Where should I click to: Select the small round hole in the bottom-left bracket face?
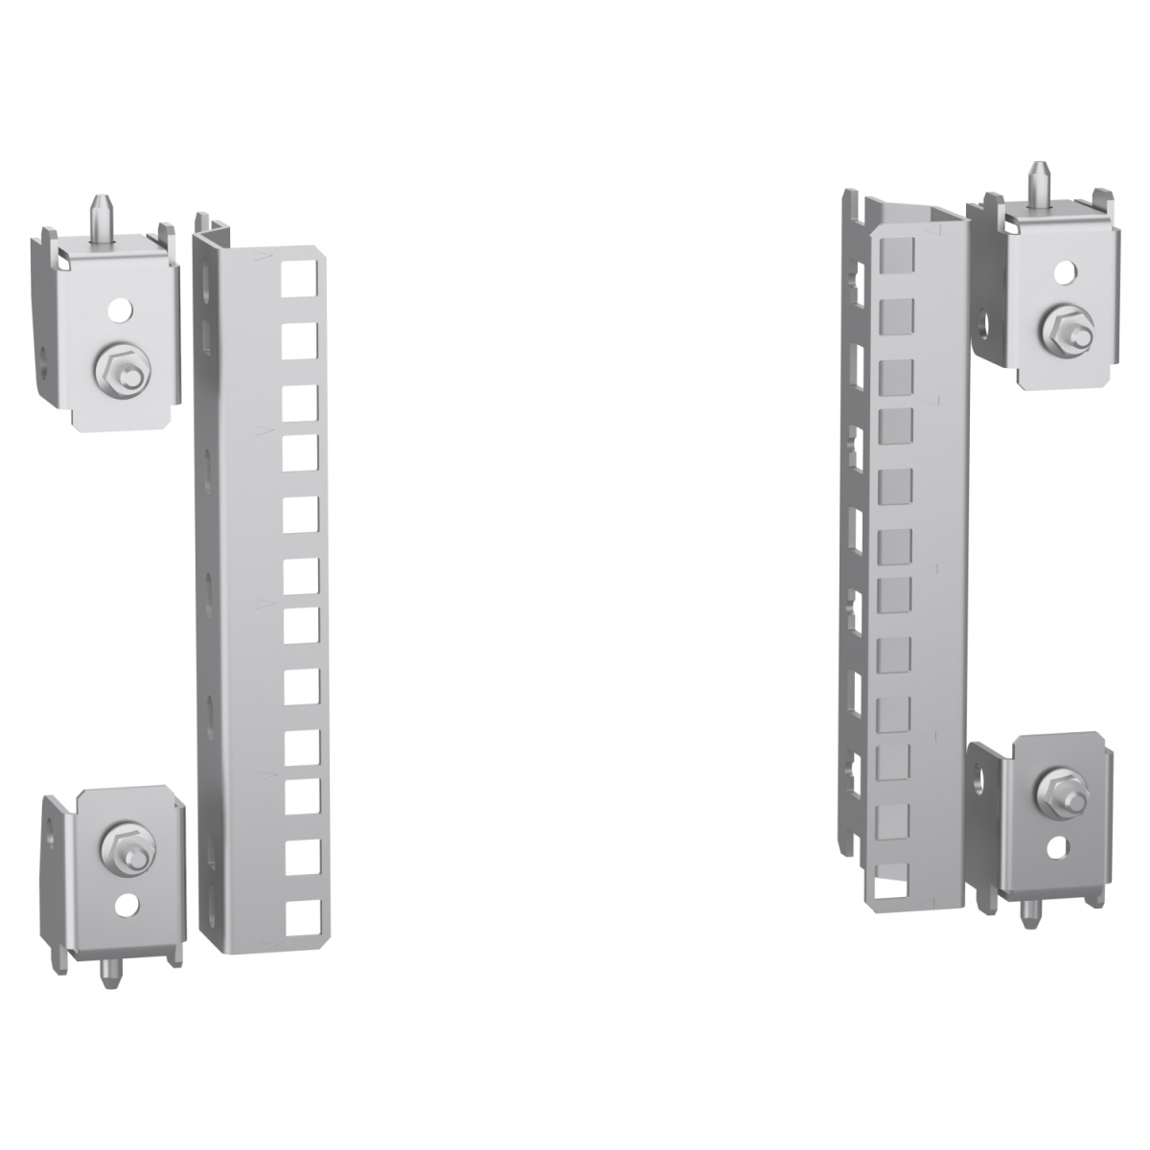click(x=126, y=903)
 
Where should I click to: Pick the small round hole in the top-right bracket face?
click(x=1063, y=273)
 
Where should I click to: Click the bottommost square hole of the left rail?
click(x=299, y=912)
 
